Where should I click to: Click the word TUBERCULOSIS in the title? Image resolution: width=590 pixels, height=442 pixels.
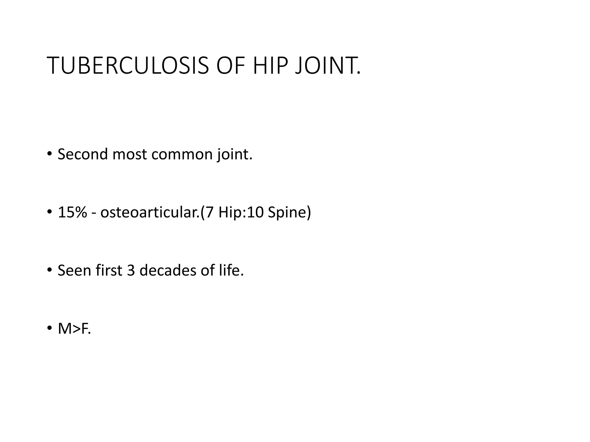coord(127,66)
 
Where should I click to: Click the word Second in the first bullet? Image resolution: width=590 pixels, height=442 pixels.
coord(82,154)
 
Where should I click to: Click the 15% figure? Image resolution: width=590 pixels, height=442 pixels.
coord(72,212)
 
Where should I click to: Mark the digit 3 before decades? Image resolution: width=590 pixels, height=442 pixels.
coord(131,270)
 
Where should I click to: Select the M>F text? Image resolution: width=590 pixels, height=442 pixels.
coord(74,329)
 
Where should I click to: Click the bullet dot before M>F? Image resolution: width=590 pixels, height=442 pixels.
coord(50,328)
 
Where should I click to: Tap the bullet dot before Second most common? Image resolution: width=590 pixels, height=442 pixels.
coord(50,153)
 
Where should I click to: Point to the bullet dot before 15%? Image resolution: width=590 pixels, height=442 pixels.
coord(50,212)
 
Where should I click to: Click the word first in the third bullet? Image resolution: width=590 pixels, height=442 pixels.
coord(109,270)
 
